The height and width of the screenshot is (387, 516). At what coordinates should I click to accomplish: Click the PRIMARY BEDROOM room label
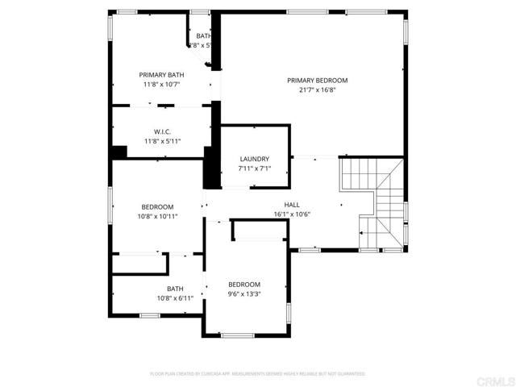(x=317, y=80)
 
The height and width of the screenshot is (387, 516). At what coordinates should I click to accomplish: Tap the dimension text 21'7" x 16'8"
(x=317, y=90)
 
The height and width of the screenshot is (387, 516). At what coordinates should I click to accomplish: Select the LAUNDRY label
(x=254, y=159)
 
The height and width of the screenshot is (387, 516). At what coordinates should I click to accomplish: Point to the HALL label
(x=291, y=205)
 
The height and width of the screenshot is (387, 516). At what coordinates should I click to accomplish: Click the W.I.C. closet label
(x=162, y=131)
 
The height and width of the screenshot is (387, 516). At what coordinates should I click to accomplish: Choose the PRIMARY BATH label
(x=162, y=73)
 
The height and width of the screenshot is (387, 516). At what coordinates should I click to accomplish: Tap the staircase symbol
(x=372, y=202)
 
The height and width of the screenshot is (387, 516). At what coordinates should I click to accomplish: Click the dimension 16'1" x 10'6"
(x=291, y=214)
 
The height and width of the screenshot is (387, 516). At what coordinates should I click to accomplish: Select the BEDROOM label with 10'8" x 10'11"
(x=157, y=206)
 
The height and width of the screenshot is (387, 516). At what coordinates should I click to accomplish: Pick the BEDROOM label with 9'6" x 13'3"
(x=243, y=284)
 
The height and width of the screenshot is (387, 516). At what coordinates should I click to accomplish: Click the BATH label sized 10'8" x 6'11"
(x=175, y=289)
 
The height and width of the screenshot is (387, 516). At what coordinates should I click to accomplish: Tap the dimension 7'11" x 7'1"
(x=254, y=169)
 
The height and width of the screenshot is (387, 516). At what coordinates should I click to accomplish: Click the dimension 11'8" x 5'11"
(x=162, y=141)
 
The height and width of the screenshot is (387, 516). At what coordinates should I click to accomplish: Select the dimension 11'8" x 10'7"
(x=162, y=84)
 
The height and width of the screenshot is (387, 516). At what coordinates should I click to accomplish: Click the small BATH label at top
(x=203, y=35)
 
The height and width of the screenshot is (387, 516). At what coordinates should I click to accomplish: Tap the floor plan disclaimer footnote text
(x=258, y=374)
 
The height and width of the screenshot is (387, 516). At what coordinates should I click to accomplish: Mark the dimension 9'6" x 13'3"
(x=243, y=294)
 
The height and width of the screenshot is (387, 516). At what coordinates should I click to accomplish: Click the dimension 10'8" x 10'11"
(x=157, y=216)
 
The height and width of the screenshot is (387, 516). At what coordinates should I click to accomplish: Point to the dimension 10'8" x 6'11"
(x=175, y=298)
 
